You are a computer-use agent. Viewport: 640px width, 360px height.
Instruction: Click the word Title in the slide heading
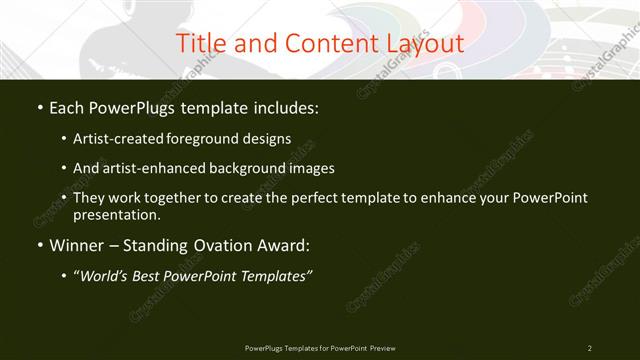tap(198, 44)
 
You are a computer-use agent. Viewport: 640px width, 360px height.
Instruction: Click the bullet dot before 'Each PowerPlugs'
tap(38, 107)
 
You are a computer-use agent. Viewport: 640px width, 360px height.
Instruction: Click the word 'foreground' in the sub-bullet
tap(218, 138)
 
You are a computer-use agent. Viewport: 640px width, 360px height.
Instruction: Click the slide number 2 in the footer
tap(590, 348)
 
